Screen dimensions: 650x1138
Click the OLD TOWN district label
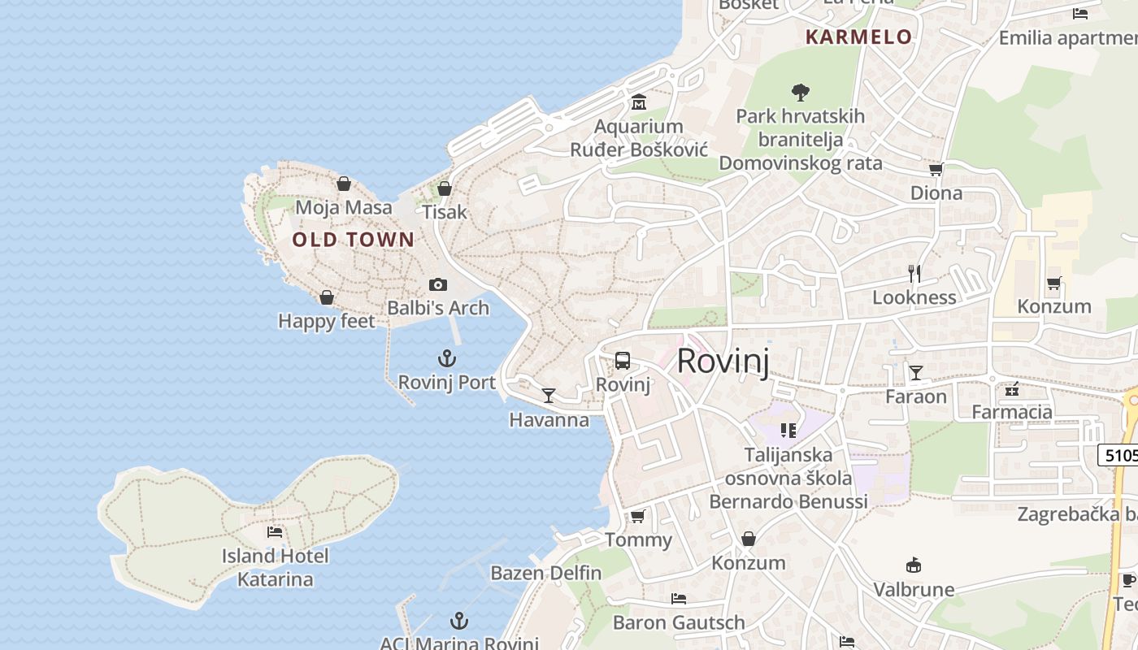coord(354,240)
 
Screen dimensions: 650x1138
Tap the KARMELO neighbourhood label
coord(858,37)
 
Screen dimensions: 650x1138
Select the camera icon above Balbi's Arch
coord(438,284)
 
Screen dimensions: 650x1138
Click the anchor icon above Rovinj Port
coord(446,358)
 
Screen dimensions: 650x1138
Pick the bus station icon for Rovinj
coord(623,361)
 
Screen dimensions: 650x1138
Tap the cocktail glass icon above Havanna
coord(549,396)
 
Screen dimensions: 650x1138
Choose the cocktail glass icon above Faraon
coord(916,373)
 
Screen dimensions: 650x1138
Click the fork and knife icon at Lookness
coord(914,274)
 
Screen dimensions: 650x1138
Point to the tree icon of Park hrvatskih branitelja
coord(801,93)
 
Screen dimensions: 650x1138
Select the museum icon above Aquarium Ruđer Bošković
coord(639,102)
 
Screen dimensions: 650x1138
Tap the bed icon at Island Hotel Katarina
coord(275,532)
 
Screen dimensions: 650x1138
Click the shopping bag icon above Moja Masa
coord(344,184)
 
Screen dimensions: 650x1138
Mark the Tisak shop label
coord(445,212)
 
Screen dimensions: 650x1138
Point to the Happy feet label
coord(327,321)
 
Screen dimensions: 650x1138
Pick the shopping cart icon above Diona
coord(936,170)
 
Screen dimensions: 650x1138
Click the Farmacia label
coord(1012,412)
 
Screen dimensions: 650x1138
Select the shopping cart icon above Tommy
coord(638,517)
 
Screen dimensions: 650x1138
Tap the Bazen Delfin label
coord(546,573)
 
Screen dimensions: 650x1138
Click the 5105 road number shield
coord(1120,455)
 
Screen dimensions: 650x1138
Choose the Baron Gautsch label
coord(679,623)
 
